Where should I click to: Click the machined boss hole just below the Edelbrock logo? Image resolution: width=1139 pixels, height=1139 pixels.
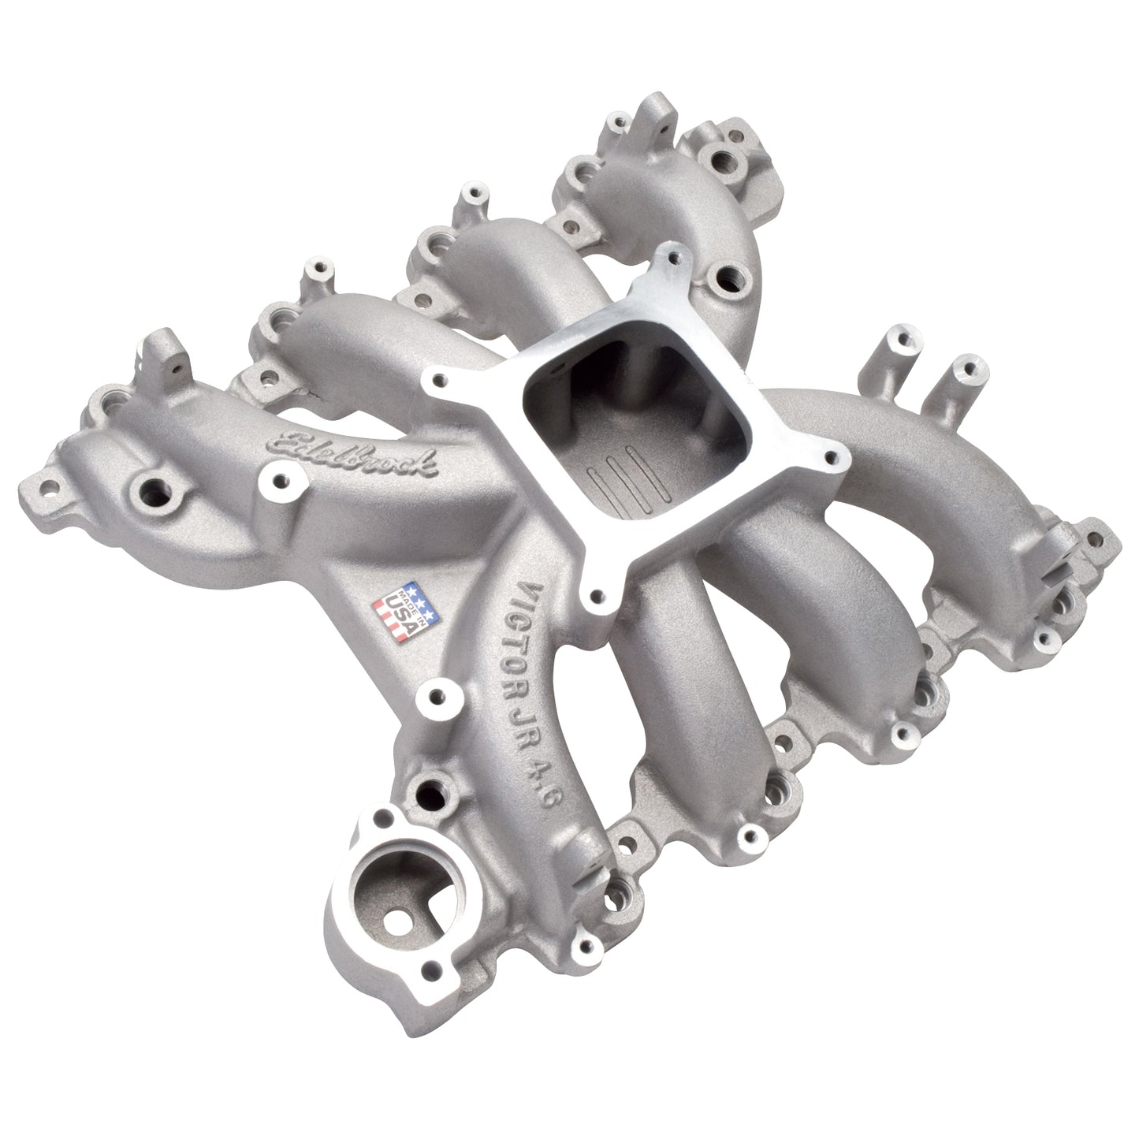click(x=277, y=477)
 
